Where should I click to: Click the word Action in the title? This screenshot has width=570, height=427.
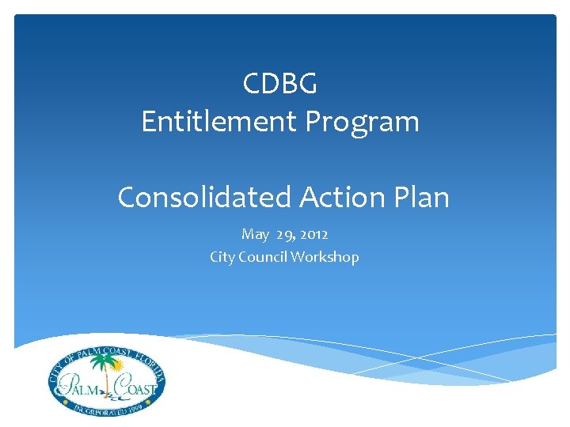[342, 197]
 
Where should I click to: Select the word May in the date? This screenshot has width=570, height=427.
[255, 235]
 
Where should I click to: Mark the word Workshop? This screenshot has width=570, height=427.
[325, 257]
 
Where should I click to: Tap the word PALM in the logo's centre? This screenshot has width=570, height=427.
[80, 389]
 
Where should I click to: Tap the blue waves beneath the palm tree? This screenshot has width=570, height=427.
[107, 400]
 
